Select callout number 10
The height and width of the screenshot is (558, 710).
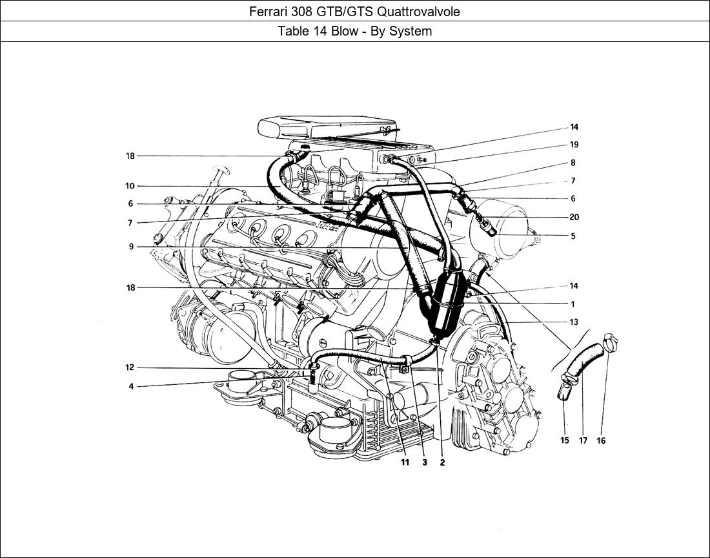click(130, 186)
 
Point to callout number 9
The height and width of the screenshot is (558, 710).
click(131, 247)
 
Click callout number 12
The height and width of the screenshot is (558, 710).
click(130, 367)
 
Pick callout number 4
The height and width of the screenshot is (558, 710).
click(131, 387)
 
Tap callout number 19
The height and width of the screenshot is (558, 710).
click(574, 145)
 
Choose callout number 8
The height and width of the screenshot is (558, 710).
click(573, 163)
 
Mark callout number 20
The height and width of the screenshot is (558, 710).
click(574, 218)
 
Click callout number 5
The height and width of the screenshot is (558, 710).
click(573, 236)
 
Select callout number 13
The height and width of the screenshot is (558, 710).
click(574, 322)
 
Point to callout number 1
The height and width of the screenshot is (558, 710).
click(573, 304)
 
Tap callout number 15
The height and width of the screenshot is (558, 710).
click(564, 440)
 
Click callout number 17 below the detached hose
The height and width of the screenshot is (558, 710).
click(583, 440)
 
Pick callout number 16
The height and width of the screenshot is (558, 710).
click(601, 440)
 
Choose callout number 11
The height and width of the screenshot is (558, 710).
click(404, 462)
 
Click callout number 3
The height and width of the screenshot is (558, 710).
click(425, 462)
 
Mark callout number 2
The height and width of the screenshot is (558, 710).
click(442, 462)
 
